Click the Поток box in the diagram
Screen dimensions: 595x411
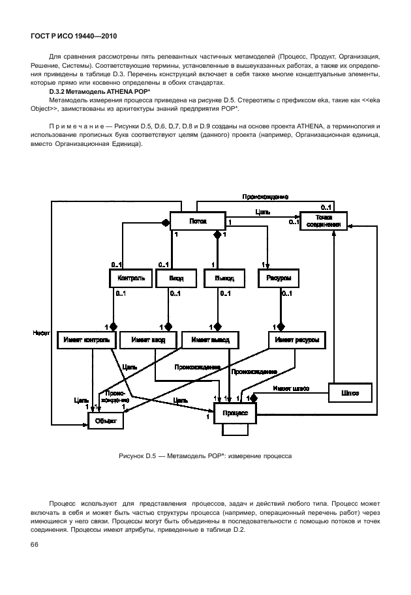[x=197, y=222]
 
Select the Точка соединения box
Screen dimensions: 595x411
[x=323, y=222]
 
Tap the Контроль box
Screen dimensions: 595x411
[x=130, y=278]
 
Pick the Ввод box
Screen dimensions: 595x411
[x=176, y=278]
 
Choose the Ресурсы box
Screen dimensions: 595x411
[x=279, y=278]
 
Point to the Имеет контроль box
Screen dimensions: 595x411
[x=87, y=340]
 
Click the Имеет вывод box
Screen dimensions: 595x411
[x=210, y=340]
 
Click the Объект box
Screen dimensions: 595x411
[x=142, y=421]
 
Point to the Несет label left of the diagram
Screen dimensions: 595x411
[x=41, y=333]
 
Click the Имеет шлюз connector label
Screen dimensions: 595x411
[x=291, y=388]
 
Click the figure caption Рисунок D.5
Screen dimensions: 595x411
[x=205, y=456]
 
